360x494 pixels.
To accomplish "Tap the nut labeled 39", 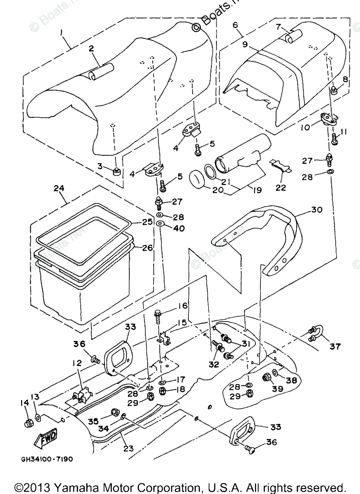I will [x=266, y=378].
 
